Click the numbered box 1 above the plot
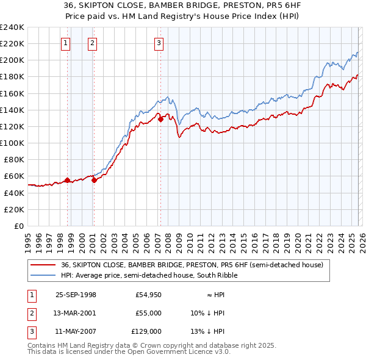[x=65, y=43]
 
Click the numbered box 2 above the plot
[x=91, y=43]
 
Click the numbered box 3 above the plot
[x=159, y=43]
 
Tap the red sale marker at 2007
[x=160, y=119]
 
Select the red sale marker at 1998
[x=67, y=180]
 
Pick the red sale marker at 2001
[x=94, y=180]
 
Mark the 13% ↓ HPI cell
[x=207, y=331]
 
